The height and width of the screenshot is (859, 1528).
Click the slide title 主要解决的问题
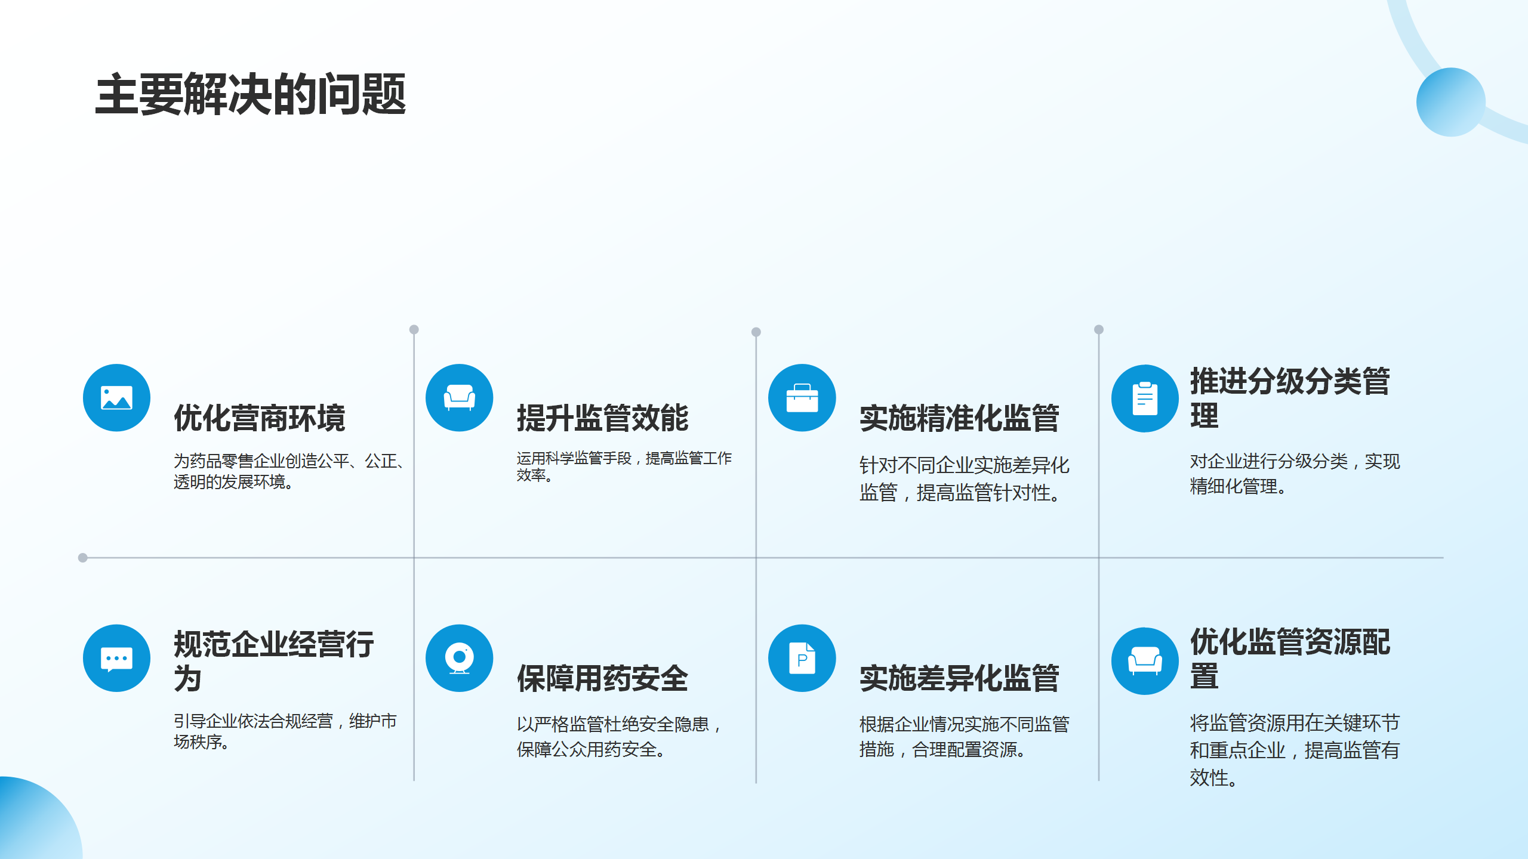pos(251,94)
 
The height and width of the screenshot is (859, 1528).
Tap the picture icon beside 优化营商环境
pos(116,398)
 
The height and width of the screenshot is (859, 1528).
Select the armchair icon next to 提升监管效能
pos(459,398)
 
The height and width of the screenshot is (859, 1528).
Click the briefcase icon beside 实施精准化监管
pos(802,398)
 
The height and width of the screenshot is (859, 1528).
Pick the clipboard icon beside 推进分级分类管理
pos(1144,398)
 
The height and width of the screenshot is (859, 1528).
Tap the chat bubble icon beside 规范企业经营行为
pos(116,658)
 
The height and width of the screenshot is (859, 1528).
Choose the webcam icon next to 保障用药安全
pos(459,658)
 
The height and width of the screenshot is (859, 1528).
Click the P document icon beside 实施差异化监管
pos(802,658)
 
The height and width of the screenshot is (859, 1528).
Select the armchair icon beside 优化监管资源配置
pos(1144,661)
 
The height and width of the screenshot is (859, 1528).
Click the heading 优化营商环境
pos(260,418)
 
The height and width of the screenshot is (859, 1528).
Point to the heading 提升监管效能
pos(602,418)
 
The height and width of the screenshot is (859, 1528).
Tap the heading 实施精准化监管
pos(959,418)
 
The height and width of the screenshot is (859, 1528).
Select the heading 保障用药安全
pos(602,678)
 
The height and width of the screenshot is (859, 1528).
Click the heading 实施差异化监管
pos(959,678)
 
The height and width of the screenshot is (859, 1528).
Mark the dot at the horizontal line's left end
pos(83,558)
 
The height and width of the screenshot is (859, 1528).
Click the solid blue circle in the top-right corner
pos(1450,102)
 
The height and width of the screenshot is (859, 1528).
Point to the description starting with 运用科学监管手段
pos(624,466)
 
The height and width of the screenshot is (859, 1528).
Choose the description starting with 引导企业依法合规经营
pos(285,731)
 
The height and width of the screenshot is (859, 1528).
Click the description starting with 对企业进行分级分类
pos(1294,474)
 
